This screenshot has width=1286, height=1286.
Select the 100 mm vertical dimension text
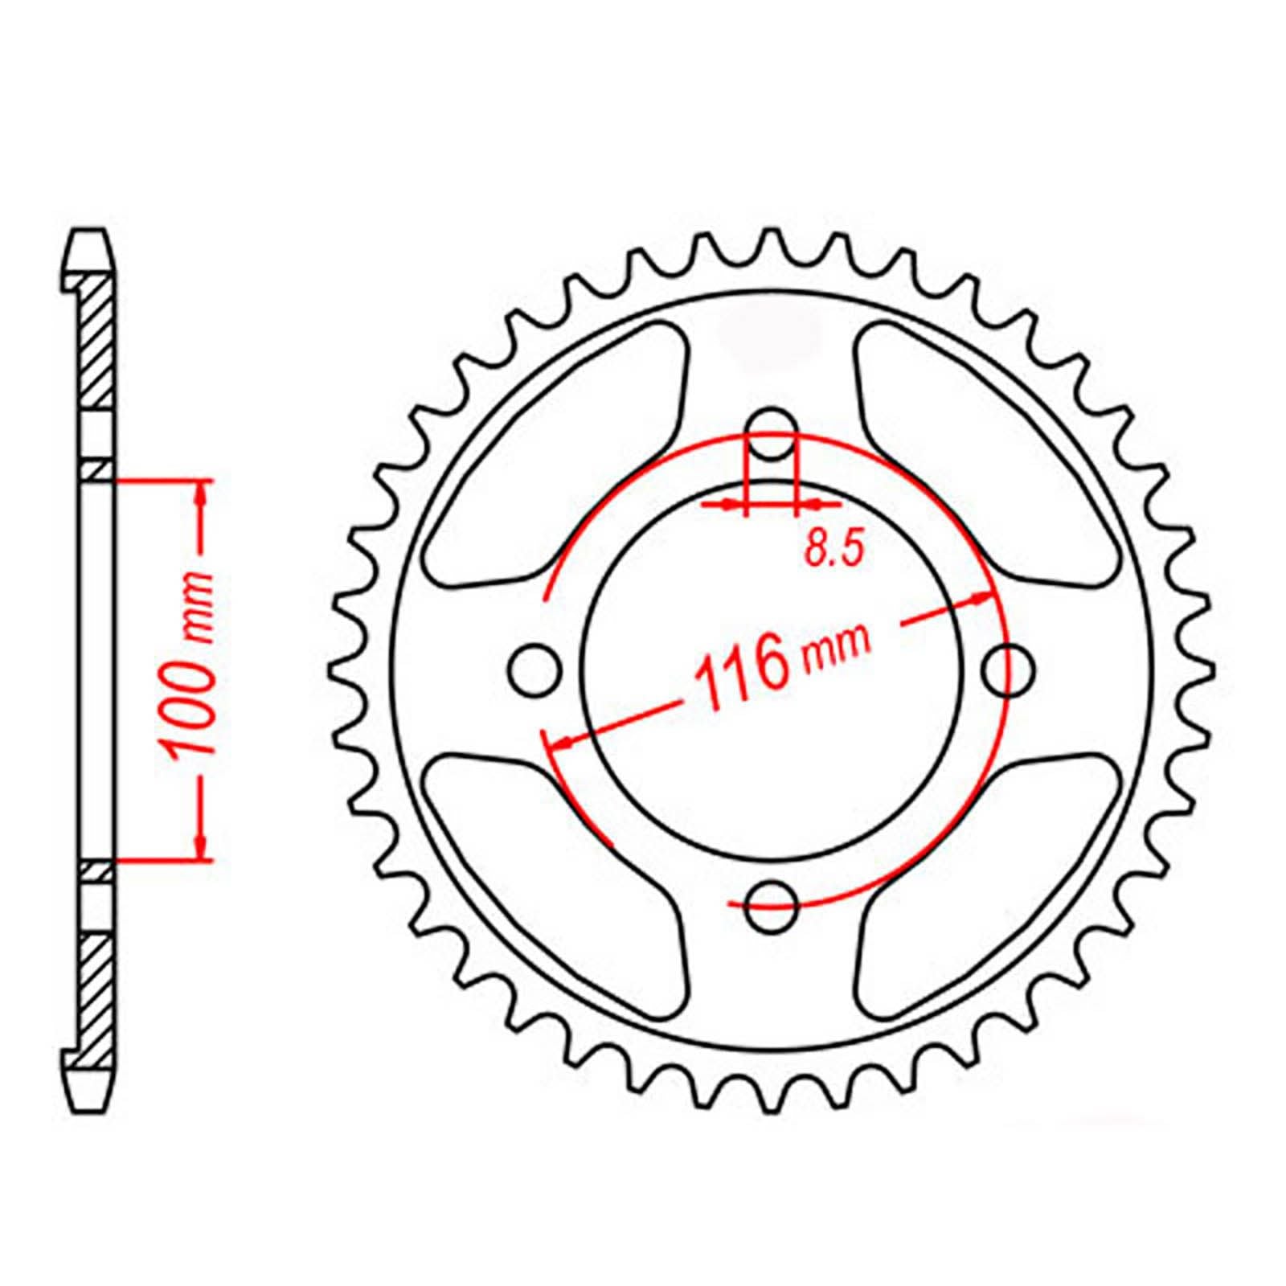190,667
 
